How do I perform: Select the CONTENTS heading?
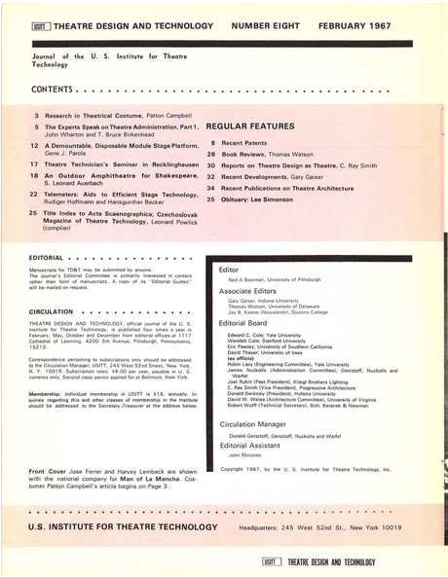[x=52, y=90]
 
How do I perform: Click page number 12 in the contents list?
[x=34, y=145]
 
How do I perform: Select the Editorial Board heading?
[x=245, y=322]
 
